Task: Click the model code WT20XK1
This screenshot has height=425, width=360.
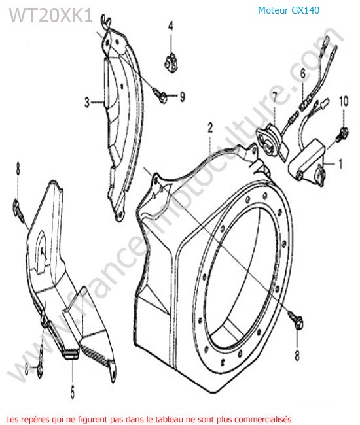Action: tap(51, 15)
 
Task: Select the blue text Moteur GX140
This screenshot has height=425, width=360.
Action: tap(289, 10)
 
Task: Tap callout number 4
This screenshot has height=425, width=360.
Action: tap(170, 26)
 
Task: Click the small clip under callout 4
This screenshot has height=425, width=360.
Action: tap(170, 63)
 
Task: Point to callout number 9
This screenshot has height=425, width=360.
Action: tap(183, 96)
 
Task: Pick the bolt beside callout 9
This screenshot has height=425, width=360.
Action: tap(160, 95)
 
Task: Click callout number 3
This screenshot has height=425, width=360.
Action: tap(87, 102)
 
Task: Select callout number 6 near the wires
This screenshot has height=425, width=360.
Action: tap(303, 73)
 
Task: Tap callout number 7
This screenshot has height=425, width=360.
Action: tap(275, 97)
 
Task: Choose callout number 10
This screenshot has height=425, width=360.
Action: tap(344, 101)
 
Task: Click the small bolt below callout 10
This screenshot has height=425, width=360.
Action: tap(342, 134)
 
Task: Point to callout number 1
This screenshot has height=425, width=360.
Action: tap(341, 163)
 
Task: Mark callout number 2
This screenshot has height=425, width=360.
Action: tap(210, 128)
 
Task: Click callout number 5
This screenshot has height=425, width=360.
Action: tap(73, 392)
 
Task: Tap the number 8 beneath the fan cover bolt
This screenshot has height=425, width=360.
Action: tap(297, 355)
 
